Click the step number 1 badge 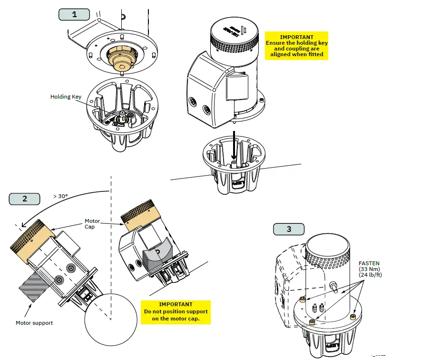pos(74,14)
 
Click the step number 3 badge pos(289,229)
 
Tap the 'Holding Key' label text pos(66,97)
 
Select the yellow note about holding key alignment pos(297,46)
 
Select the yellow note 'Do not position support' pos(176,311)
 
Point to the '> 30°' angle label pos(60,196)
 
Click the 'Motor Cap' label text pos(92,224)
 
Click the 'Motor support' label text pos(34,323)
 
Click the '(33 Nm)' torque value pos(366,269)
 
